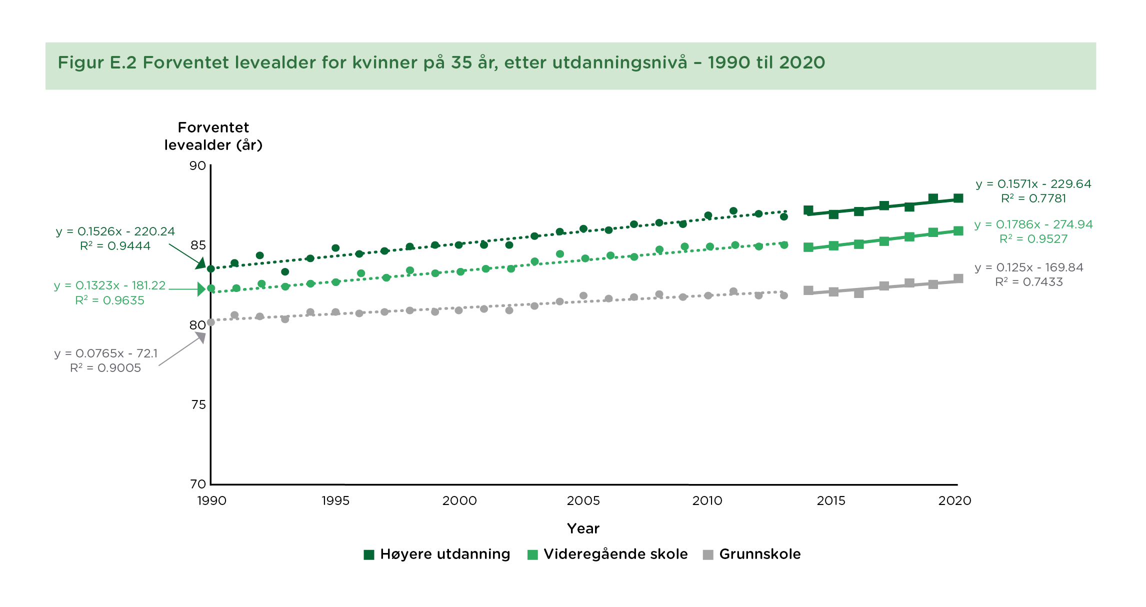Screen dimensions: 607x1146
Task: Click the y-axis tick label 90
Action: pos(197,166)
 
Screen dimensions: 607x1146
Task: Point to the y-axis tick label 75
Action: pos(198,404)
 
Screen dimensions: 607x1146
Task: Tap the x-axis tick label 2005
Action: pos(583,501)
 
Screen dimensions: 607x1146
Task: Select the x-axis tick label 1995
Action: pos(335,501)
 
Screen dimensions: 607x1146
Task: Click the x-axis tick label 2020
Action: pos(954,501)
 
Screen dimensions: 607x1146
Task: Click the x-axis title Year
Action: pos(583,528)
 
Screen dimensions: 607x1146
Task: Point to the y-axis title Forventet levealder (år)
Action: pos(213,136)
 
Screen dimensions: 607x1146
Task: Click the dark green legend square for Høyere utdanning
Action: pos(369,554)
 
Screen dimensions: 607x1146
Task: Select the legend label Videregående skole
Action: pos(615,554)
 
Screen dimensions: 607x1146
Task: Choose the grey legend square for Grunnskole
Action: pos(708,554)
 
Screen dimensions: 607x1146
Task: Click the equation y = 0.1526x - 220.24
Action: pos(115,231)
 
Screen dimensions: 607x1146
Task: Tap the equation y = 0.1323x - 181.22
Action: pos(110,285)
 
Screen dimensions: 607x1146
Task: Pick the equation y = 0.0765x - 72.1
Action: pos(106,353)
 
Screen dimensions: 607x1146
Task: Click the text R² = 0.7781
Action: pos(1033,198)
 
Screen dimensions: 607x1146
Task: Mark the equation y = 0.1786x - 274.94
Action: pos(1033,224)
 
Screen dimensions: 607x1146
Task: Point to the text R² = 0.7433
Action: pos(1029,282)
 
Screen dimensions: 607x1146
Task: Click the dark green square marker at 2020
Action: pos(958,198)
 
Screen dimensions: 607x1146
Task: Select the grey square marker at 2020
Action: pos(958,278)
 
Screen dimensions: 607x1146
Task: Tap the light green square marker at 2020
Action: pos(958,231)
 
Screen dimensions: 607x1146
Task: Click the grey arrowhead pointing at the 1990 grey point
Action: pos(201,337)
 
